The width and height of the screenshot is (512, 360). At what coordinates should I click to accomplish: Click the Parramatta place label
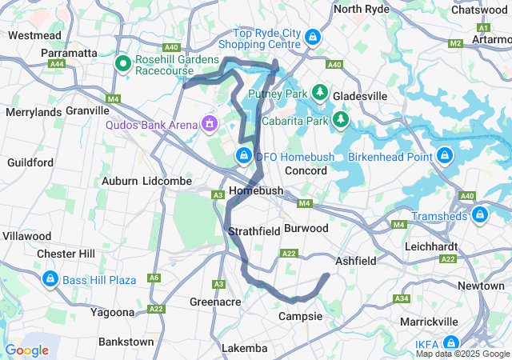68,52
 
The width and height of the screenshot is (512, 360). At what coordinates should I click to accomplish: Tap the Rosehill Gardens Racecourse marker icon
125,62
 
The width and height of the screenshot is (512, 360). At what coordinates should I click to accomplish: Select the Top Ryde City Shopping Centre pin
314,37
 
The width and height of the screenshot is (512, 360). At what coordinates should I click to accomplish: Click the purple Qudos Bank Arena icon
210,124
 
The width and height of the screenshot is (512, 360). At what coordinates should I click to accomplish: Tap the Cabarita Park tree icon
342,121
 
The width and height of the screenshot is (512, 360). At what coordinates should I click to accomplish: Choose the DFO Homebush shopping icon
244,155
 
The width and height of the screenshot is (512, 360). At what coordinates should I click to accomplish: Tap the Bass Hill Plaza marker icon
50,279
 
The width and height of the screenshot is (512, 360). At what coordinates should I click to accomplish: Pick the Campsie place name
300,317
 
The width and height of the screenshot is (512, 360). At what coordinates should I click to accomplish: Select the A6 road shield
154,278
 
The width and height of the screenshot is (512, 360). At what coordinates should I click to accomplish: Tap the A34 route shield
402,298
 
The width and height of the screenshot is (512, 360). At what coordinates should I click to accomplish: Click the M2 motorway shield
455,43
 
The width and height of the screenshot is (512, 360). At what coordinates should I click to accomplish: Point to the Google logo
27,350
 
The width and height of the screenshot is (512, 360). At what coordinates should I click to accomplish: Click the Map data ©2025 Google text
462,354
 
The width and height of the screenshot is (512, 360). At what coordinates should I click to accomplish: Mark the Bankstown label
126,342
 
